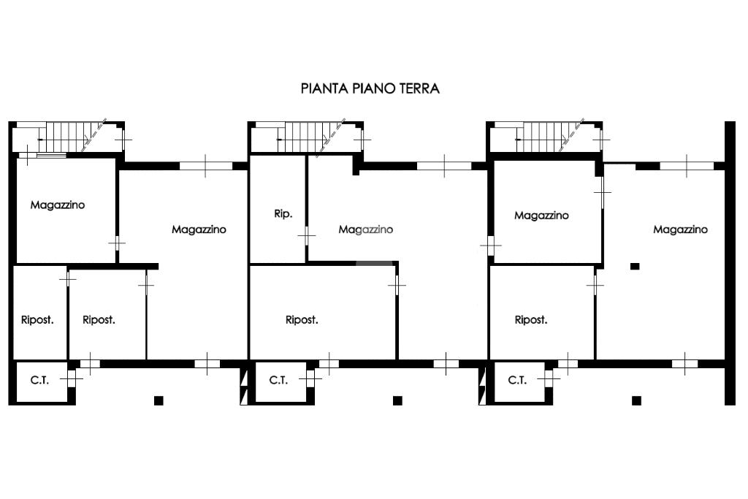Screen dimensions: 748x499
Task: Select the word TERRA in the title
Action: pyautogui.click(x=419, y=88)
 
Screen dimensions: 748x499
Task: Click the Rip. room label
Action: pyautogui.click(x=283, y=214)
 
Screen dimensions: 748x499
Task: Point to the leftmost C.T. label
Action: pyautogui.click(x=39, y=380)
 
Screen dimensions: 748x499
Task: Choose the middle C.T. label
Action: pyautogui.click(x=278, y=380)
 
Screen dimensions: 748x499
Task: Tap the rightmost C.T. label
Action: pyautogui.click(x=517, y=380)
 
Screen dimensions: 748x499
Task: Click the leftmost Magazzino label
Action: pyautogui.click(x=58, y=205)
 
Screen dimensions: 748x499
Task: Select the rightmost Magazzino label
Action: pyautogui.click(x=680, y=229)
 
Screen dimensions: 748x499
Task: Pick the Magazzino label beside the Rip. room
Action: pyautogui.click(x=366, y=229)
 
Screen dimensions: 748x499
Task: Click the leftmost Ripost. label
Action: pyautogui.click(x=37, y=320)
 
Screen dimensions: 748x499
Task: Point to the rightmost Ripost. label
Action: pyautogui.click(x=531, y=320)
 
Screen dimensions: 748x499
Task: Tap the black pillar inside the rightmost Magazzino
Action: pyautogui.click(x=635, y=266)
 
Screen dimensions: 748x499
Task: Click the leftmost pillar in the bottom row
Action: pyautogui.click(x=159, y=400)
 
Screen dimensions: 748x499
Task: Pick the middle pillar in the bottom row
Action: pyautogui.click(x=397, y=400)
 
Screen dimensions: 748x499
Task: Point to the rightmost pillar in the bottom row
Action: pyautogui.click(x=636, y=400)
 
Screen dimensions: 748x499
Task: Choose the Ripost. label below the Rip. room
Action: pyautogui.click(x=302, y=320)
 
